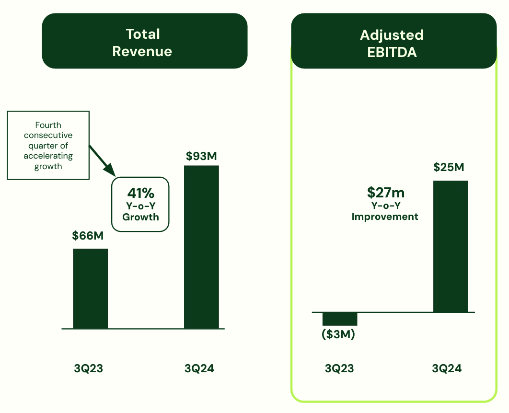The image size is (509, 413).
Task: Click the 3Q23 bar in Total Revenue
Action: coord(90,288)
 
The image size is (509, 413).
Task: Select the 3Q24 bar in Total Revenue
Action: coord(201,247)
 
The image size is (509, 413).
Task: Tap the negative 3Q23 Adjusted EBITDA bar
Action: coord(340,319)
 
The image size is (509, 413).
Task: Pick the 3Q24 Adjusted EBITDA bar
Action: coord(451,246)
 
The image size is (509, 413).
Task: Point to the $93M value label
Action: coord(201,156)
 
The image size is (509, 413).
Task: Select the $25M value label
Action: coord(449,167)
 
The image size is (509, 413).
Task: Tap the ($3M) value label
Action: coord(338,334)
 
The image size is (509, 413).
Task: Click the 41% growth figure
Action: coord(140,193)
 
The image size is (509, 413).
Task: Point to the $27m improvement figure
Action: coord(385,193)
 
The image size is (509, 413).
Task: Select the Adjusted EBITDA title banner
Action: coord(393,43)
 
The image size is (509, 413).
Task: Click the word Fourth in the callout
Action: coord(48,125)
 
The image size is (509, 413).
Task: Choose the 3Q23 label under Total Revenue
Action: coord(89,368)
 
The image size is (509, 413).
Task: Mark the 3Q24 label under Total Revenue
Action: coord(199,368)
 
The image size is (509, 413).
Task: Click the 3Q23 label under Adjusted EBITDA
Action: coord(339,368)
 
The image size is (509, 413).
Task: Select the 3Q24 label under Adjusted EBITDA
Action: coord(447,368)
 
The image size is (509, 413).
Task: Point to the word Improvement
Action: coord(385,217)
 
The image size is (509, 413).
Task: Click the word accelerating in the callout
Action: coord(48,156)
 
